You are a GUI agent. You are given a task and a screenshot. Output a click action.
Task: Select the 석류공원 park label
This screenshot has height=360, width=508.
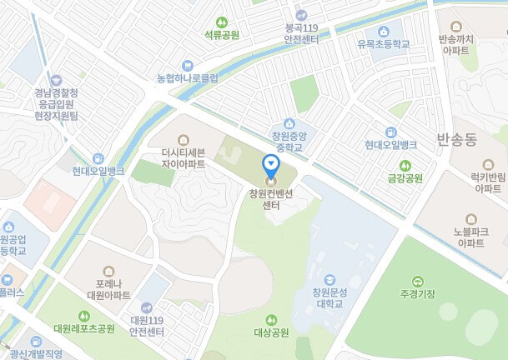pos(222,36)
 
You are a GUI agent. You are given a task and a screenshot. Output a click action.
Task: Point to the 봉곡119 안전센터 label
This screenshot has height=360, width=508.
pos(303,32)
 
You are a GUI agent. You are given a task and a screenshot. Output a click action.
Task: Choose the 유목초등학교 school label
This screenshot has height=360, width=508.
pos(383,43)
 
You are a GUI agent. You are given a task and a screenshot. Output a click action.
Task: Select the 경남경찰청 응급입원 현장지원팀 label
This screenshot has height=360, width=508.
pos(56,105)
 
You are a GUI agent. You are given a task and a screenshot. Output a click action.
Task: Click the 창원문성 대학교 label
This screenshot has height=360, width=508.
pos(329,297)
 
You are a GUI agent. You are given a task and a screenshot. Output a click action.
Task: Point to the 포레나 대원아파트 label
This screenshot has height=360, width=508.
pos(108,289)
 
